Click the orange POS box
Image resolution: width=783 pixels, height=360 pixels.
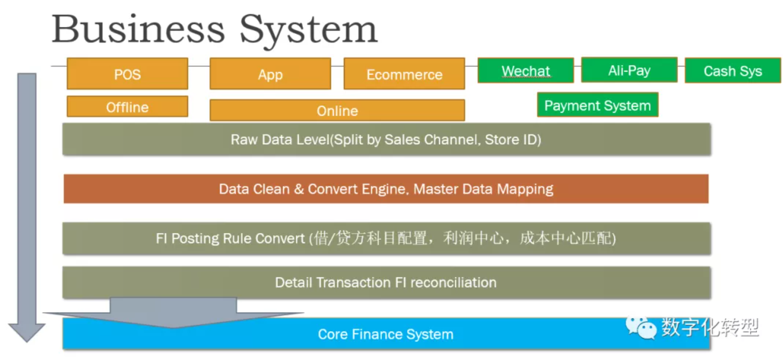click(x=127, y=74)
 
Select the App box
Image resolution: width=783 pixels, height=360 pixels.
click(x=270, y=74)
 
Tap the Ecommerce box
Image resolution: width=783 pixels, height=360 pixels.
click(x=404, y=74)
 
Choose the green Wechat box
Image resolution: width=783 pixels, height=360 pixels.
click(x=526, y=71)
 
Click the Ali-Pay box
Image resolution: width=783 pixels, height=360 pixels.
click(x=629, y=70)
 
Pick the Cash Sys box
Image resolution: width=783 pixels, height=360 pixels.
click(x=732, y=71)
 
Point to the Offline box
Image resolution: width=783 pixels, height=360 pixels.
click(x=127, y=106)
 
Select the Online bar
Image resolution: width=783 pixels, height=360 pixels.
click(x=337, y=110)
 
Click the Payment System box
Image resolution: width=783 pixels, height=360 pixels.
click(x=597, y=105)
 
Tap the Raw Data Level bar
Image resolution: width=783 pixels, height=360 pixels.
click(x=386, y=140)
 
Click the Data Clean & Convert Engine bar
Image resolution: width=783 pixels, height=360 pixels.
click(x=386, y=189)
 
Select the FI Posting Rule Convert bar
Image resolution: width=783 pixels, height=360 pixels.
click(x=386, y=238)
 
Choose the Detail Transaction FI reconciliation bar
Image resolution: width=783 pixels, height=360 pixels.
click(x=386, y=282)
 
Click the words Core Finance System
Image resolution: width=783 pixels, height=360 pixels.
click(x=386, y=334)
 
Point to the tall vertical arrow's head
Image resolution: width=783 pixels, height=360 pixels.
click(x=27, y=332)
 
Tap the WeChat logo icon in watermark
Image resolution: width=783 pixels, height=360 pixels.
click(x=641, y=327)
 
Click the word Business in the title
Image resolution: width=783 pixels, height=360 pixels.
click(x=138, y=29)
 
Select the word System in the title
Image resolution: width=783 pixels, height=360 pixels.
click(x=308, y=29)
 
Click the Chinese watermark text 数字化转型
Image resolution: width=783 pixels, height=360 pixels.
click(x=710, y=327)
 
